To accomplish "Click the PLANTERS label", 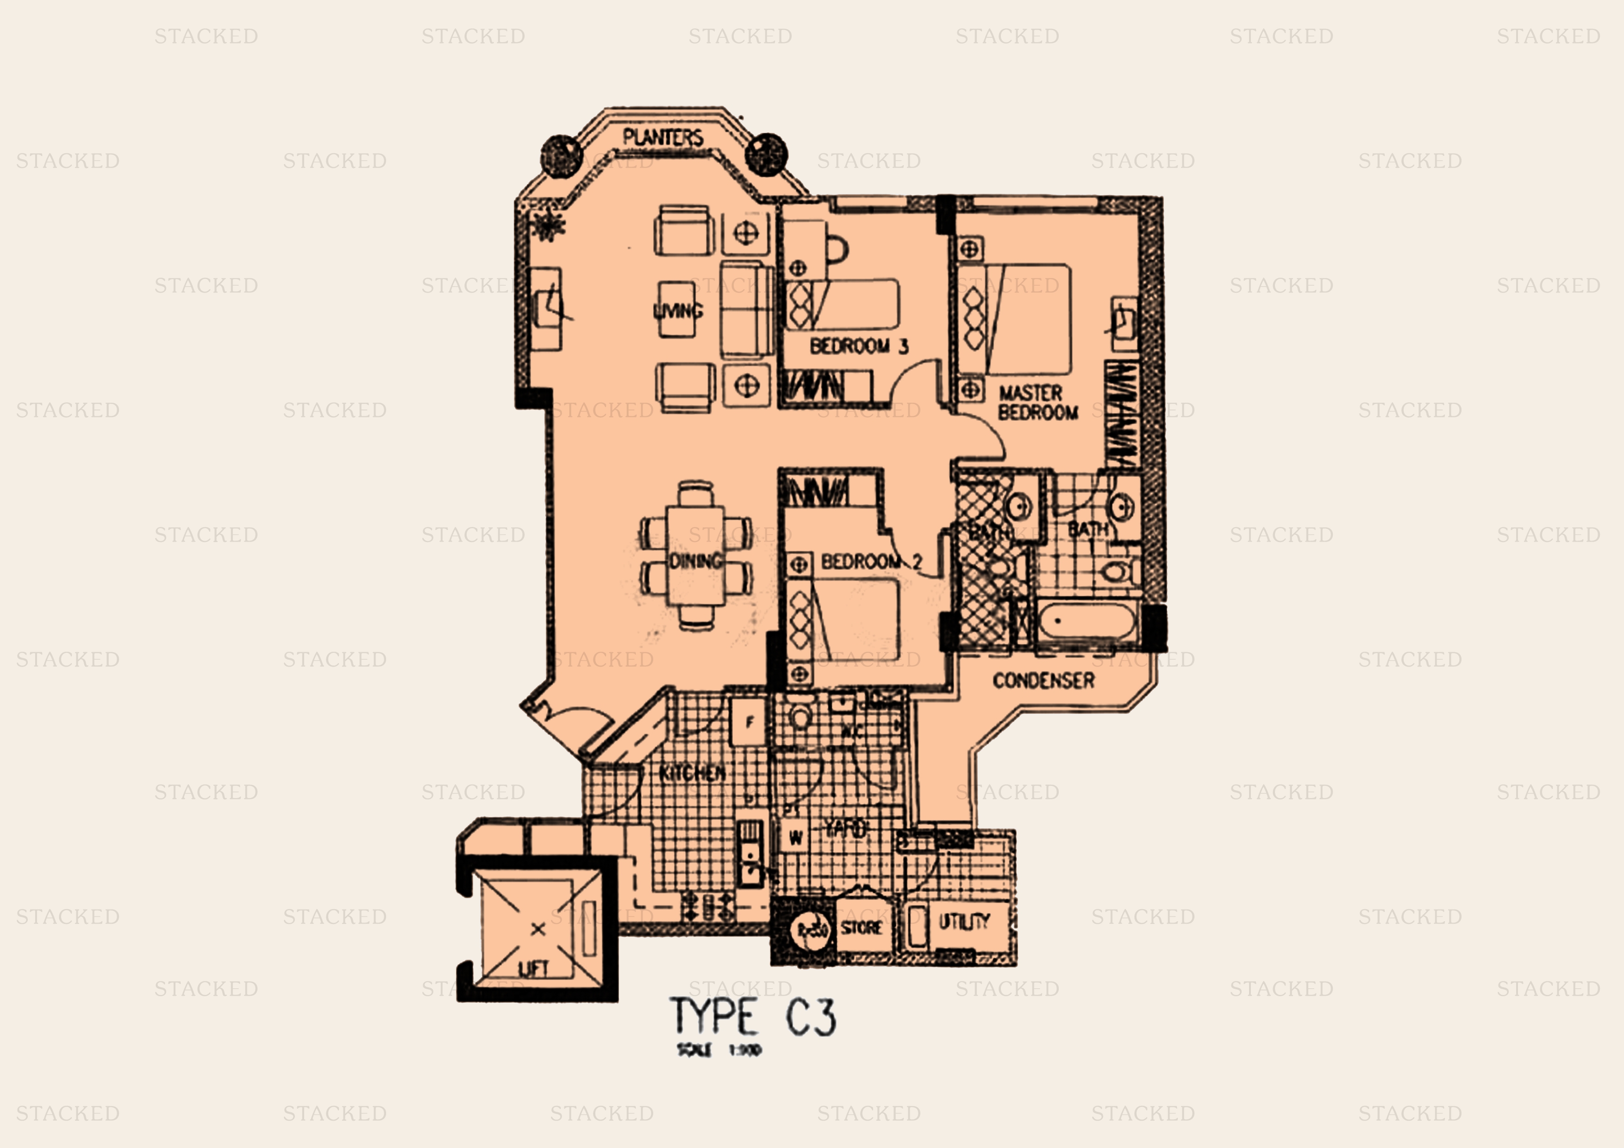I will [x=663, y=137].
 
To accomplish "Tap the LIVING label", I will [x=678, y=311].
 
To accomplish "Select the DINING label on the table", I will [x=696, y=562].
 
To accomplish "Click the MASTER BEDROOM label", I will [x=1037, y=402].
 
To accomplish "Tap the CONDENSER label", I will [x=1043, y=680].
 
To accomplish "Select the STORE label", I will [x=861, y=927].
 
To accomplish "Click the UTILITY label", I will [x=963, y=922].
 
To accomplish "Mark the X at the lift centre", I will [x=537, y=929].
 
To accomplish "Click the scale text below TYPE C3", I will [x=718, y=1050].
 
